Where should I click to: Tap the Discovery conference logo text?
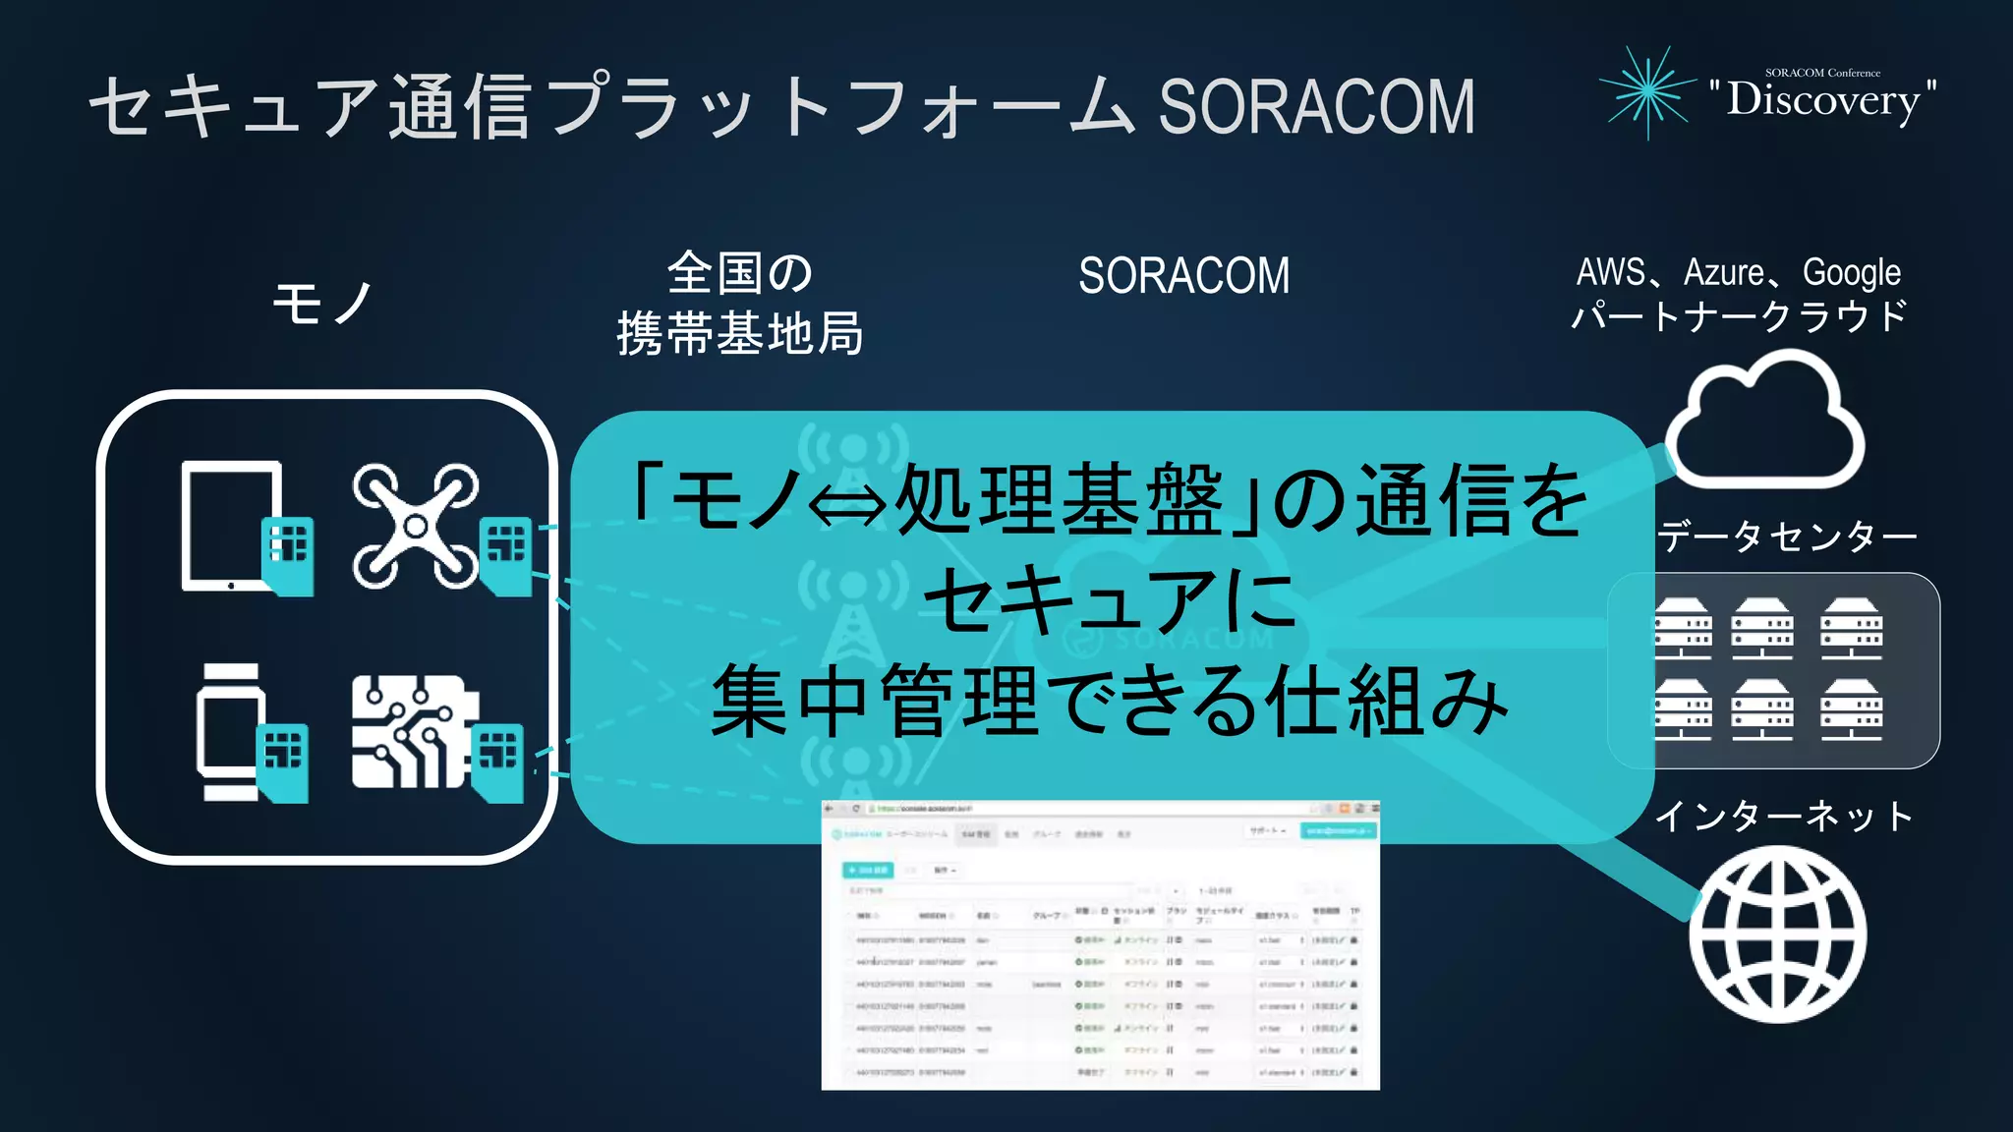pos(1822,99)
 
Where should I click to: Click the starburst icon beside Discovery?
pos(1648,92)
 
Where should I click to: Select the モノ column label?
pos(322,303)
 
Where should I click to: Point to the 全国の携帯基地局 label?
pos(739,303)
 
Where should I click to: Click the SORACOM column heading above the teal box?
pos(1183,275)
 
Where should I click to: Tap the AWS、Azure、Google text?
pos(1738,272)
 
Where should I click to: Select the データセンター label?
pos(1787,537)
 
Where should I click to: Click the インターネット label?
pos(1785,817)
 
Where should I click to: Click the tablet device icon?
pos(231,526)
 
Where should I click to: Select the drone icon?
pos(415,526)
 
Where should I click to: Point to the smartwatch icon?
pos(231,732)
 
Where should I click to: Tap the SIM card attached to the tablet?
pos(288,555)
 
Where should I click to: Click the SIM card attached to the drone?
pos(506,555)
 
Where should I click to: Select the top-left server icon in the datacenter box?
pos(1683,629)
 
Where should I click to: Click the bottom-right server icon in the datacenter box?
pos(1851,709)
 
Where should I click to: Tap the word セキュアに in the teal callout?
pos(1111,601)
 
